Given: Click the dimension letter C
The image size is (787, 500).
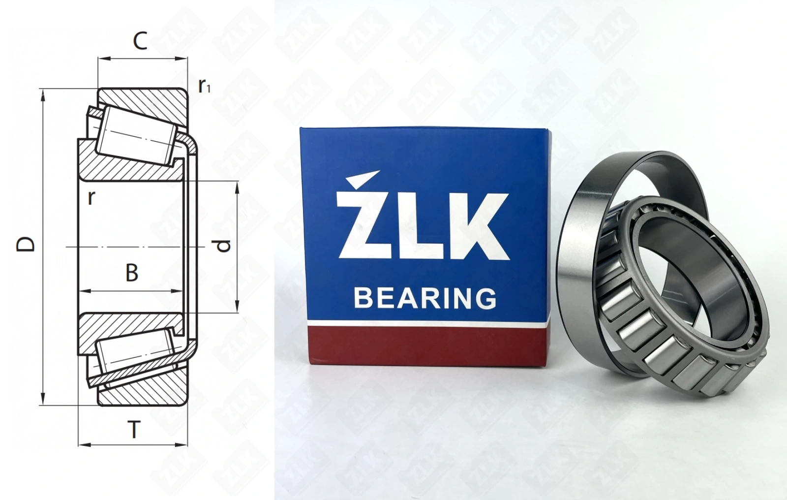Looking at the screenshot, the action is point(140,41).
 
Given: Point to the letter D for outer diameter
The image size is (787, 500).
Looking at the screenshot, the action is point(26,245).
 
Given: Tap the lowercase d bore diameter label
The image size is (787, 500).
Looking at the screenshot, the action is point(223,246).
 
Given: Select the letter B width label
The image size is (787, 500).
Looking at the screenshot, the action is point(132,273).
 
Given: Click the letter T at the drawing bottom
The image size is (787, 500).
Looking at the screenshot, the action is point(134,429).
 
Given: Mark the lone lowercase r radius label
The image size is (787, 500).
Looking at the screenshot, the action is point(91,198).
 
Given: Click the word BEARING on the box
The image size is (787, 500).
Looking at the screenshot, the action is point(425,298).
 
